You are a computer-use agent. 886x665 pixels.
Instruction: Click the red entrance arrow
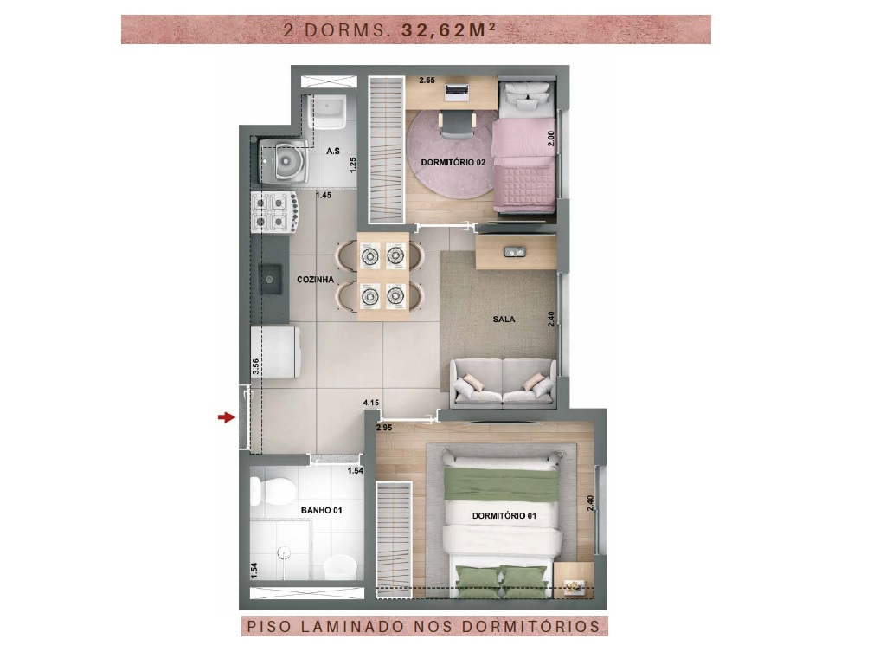point(227,417)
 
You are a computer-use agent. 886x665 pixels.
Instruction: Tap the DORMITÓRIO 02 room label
point(453,162)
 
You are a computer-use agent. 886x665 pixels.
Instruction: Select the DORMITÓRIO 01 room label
point(504,516)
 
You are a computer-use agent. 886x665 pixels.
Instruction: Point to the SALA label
point(504,319)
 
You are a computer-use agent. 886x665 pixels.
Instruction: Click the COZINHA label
point(315,280)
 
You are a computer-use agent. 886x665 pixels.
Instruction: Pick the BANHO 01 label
point(322,510)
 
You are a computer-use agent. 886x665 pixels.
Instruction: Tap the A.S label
point(333,151)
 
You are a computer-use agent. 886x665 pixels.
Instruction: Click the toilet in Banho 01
point(272,491)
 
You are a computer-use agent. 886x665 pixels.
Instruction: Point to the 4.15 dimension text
point(371,403)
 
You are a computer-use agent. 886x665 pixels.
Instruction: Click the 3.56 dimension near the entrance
point(255,366)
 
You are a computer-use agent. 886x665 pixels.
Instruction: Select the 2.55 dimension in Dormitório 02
point(427,81)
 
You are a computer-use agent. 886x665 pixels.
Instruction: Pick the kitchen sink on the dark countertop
point(271,280)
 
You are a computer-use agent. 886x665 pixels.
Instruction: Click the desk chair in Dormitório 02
point(457,125)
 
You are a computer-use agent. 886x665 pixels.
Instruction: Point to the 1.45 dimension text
point(324,195)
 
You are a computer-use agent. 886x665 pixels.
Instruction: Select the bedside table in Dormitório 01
point(574,580)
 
